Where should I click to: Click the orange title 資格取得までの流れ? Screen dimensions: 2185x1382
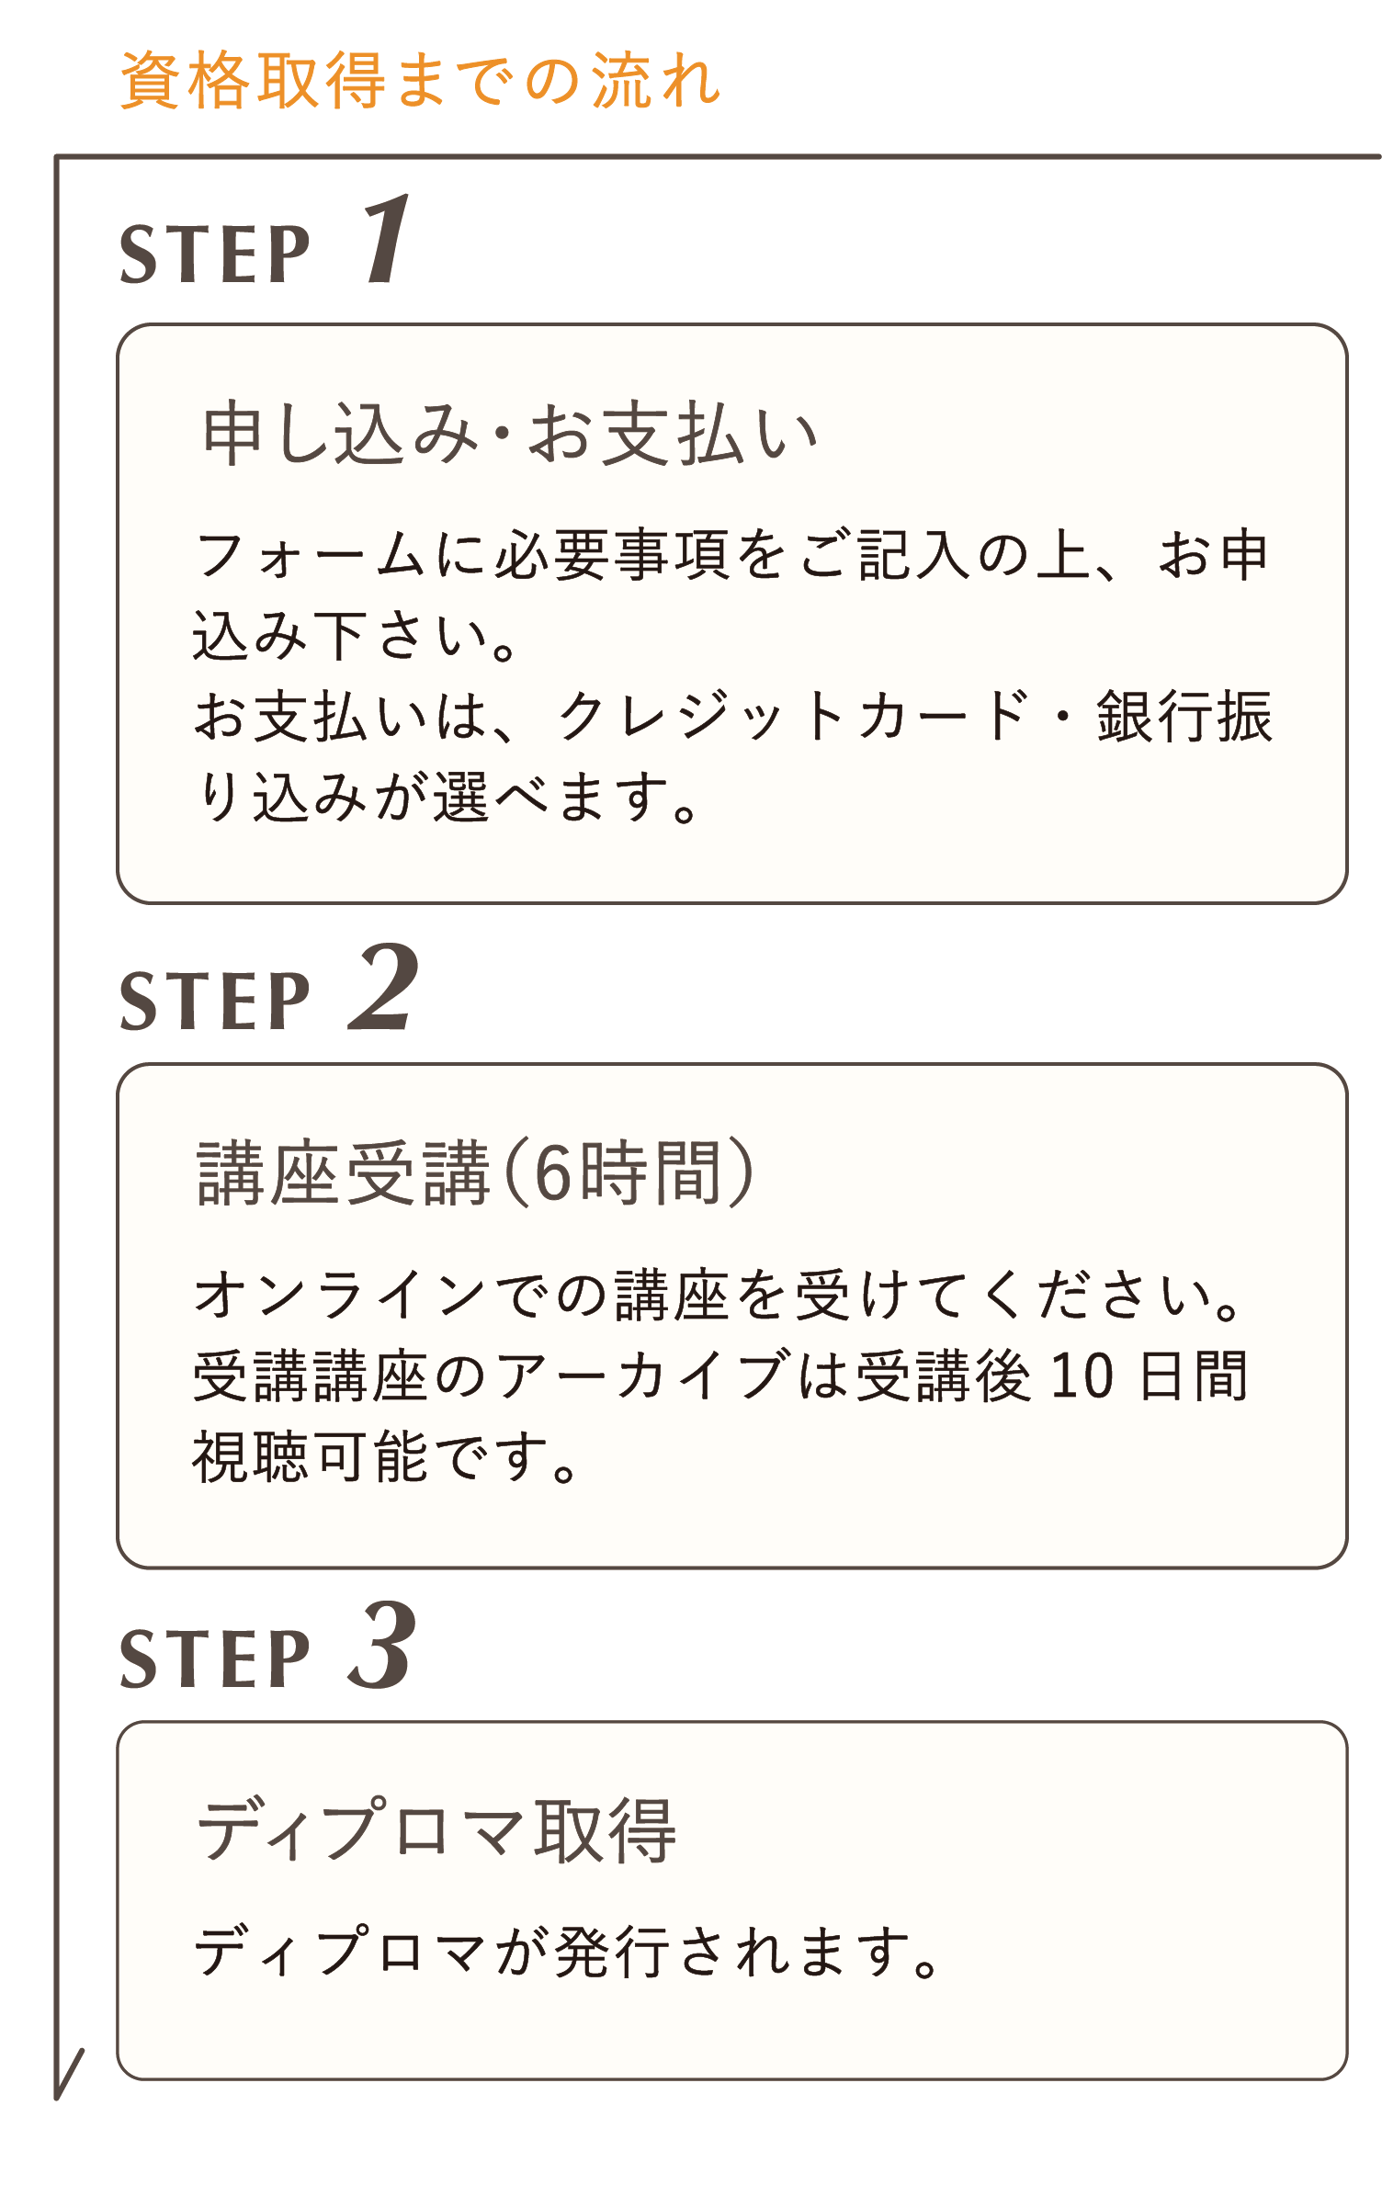click(420, 81)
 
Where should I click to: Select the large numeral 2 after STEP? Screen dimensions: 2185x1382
click(385, 987)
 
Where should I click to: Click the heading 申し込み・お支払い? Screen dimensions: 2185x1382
click(510, 434)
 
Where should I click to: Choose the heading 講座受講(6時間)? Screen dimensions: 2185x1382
click(476, 1173)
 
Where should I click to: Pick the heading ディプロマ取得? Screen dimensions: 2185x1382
click(437, 1830)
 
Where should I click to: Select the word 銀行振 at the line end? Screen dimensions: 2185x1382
click(1185, 716)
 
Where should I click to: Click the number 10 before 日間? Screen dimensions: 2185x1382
click(1082, 1376)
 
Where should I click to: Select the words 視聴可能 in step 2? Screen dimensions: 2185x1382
click(311, 1456)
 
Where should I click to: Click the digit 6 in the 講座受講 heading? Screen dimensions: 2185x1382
click(554, 1174)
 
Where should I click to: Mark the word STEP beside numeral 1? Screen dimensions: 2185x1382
click(216, 255)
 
